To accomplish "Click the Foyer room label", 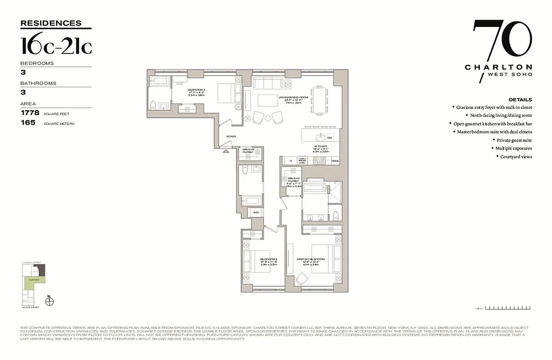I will click(231, 136).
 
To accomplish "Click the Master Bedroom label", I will click(311, 260).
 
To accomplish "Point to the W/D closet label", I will click(256, 212).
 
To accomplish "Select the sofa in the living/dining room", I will click(269, 83).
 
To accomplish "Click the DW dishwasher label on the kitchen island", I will click(329, 138).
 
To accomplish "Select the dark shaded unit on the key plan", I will click(41, 269).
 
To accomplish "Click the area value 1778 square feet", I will click(30, 113).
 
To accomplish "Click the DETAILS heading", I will click(520, 99).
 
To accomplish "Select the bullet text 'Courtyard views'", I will click(516, 157).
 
